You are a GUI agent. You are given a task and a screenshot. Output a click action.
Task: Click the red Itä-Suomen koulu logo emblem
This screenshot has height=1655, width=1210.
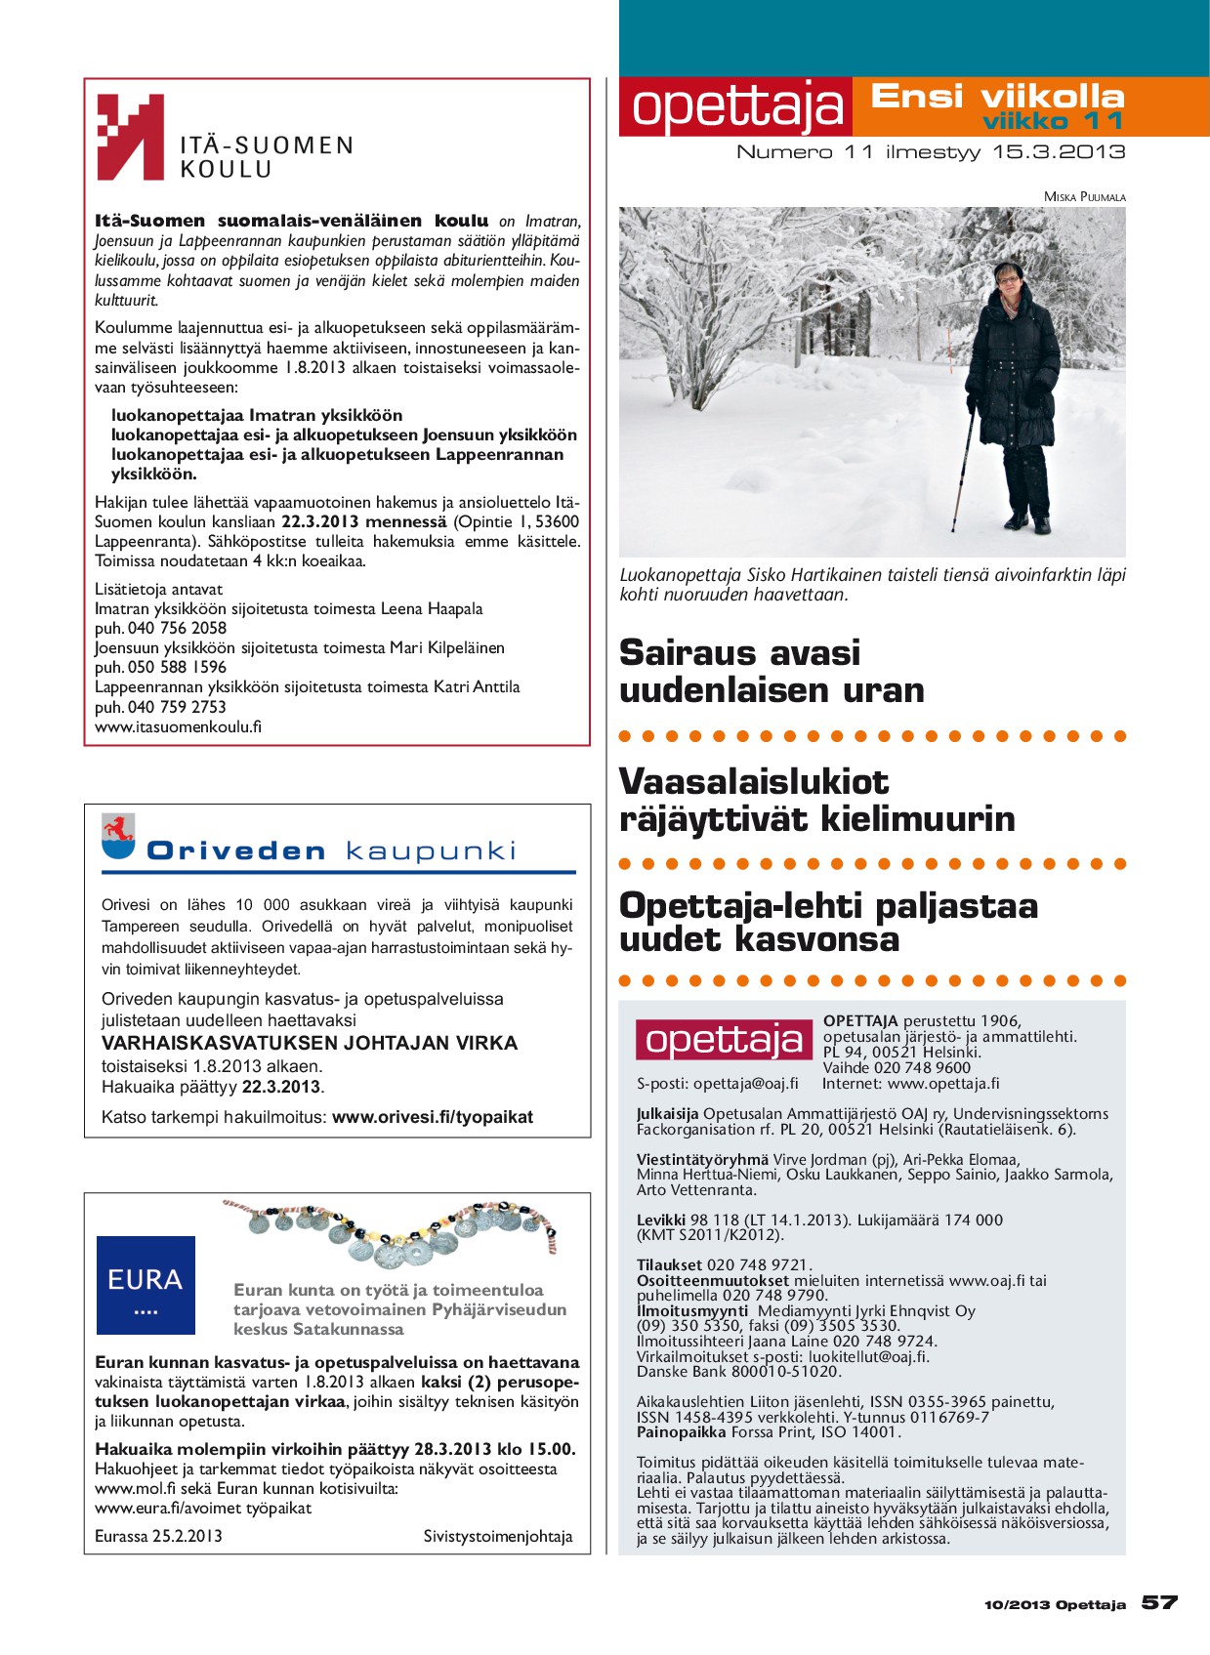[x=130, y=137]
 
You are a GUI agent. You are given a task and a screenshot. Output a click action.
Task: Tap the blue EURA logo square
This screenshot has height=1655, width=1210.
[x=146, y=1285]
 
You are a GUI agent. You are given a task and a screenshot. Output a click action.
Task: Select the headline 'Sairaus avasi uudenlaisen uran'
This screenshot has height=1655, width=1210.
[x=772, y=671]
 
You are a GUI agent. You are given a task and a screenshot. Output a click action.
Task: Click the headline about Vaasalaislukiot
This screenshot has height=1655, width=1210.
[x=816, y=800]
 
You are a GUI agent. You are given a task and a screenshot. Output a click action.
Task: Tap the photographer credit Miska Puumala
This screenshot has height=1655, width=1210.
[x=1084, y=197]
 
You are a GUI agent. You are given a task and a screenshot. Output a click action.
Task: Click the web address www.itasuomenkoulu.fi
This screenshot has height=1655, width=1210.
[x=178, y=726]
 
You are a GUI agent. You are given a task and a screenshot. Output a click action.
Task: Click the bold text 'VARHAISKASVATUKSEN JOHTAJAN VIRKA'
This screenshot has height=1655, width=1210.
[x=310, y=1043]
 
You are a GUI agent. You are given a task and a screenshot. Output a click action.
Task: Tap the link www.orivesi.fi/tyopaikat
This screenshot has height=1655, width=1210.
[x=433, y=1117]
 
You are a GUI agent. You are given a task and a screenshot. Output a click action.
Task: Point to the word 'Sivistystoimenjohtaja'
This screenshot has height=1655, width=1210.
[x=498, y=1536]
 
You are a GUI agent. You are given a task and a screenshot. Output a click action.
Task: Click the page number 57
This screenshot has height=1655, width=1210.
[x=1159, y=1602]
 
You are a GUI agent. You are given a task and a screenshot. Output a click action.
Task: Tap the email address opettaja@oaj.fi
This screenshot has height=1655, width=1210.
[x=745, y=1083]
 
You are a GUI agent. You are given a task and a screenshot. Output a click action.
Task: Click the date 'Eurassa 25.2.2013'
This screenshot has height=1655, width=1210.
[x=158, y=1536]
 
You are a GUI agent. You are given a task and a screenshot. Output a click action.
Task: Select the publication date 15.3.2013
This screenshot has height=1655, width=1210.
[x=1059, y=152]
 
